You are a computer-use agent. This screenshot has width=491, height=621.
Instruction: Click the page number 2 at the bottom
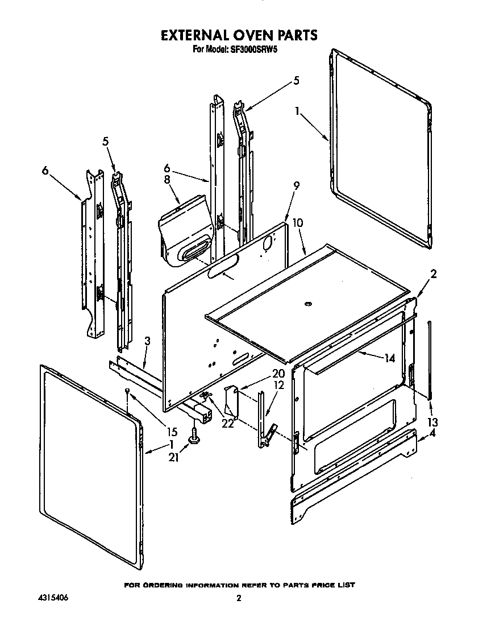coord(239,598)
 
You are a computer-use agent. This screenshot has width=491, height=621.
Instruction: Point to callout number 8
coord(167,179)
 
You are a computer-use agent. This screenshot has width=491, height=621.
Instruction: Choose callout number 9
coord(296,185)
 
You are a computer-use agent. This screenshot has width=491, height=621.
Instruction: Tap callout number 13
coord(433,422)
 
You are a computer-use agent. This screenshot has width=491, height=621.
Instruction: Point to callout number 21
coord(174,457)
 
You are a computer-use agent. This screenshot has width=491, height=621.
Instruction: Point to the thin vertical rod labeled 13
coord(430,358)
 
